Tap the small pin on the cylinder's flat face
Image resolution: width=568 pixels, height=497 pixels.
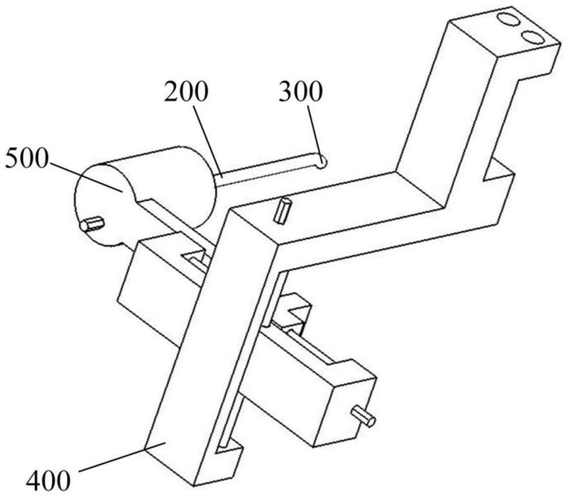[92, 225]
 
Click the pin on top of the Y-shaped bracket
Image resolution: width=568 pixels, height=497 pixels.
[284, 210]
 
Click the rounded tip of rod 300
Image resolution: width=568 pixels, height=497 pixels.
[323, 161]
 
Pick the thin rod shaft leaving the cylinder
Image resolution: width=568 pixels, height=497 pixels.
[270, 171]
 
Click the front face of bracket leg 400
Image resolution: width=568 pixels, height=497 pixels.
[192, 355]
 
